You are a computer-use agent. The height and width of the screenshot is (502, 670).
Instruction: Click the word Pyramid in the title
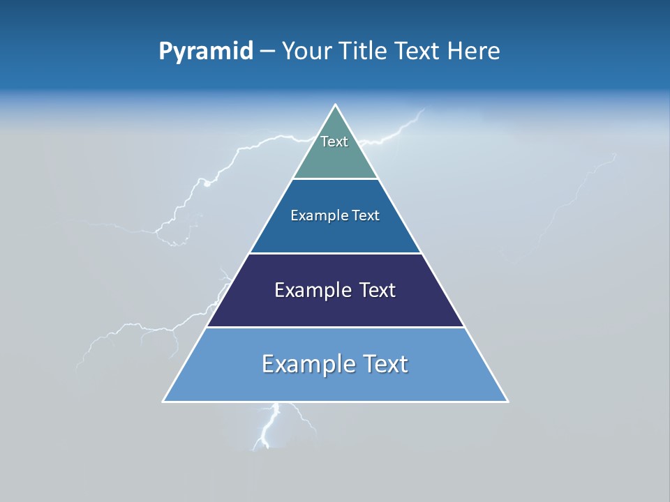pyautogui.click(x=205, y=52)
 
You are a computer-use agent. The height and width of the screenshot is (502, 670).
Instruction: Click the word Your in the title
pyautogui.click(x=306, y=52)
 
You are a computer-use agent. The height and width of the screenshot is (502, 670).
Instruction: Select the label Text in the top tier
pyautogui.click(x=334, y=142)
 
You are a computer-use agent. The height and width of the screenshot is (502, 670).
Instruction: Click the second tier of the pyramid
pyautogui.click(x=336, y=234)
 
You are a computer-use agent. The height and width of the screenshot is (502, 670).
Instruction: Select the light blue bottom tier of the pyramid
pyautogui.click(x=336, y=383)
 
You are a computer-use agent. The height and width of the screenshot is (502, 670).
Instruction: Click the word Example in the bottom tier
pyautogui.click(x=308, y=364)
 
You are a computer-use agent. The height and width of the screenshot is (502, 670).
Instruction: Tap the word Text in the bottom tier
pyautogui.click(x=385, y=364)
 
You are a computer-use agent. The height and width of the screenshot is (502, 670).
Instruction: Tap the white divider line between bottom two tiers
pyautogui.click(x=336, y=327)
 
